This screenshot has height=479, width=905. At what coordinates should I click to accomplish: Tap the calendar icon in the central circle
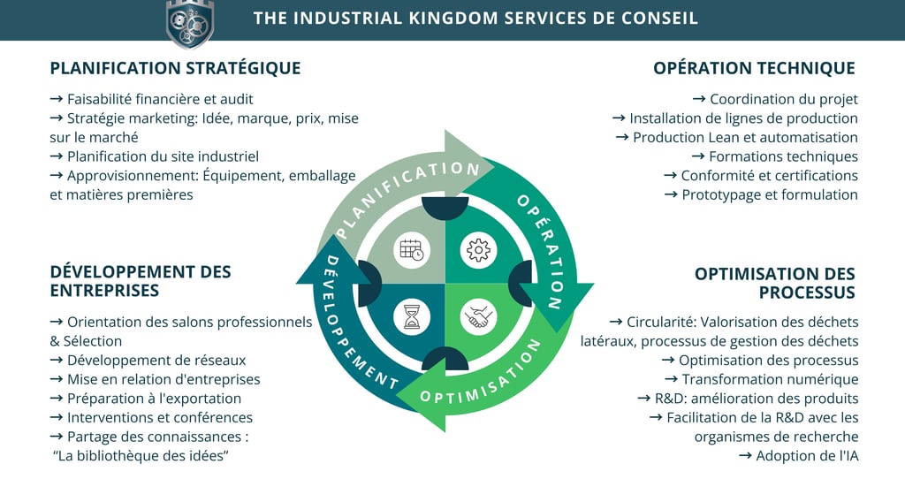pos(412,250)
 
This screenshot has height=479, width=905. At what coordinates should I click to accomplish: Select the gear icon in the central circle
pos(478,250)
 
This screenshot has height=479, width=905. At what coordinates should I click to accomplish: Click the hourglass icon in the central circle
pos(412,316)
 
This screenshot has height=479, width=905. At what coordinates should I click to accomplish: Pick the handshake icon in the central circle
pos(478,316)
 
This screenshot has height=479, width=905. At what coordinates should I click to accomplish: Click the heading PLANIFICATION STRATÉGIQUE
pos(175,68)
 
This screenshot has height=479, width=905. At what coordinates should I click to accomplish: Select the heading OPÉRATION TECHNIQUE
pos(754,68)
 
